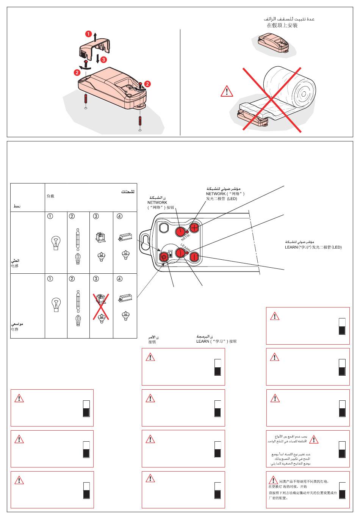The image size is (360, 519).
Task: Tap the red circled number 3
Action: point(103,60)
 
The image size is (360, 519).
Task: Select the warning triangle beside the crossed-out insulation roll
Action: point(227,91)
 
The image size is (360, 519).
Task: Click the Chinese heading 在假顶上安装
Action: point(282,25)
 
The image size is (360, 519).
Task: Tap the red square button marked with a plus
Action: point(194,228)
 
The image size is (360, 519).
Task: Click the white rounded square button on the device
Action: point(164,227)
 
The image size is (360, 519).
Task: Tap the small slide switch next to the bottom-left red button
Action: point(171,254)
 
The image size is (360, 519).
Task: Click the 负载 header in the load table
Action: point(50,196)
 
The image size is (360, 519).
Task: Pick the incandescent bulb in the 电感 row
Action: point(56,243)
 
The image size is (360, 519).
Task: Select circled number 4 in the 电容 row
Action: point(120,279)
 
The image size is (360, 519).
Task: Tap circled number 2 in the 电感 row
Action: point(72,216)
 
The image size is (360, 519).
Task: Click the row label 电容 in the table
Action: point(15,329)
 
